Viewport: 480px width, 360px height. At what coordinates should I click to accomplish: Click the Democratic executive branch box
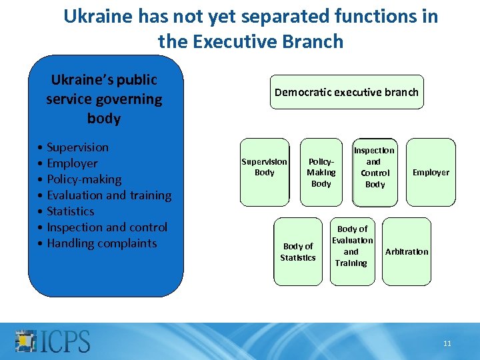347,92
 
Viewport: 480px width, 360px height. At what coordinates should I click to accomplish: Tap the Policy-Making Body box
321,173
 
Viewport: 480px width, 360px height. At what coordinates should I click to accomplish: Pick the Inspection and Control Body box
375,167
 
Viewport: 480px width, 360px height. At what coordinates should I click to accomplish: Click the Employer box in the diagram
431,172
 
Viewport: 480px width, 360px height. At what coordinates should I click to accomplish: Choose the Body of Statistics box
298,251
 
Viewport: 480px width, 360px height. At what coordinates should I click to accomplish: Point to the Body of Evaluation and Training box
352,246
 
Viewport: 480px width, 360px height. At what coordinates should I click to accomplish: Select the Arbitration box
407,251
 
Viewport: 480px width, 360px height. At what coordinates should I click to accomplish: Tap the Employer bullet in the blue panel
72,163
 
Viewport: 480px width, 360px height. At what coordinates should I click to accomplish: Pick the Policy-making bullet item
84,179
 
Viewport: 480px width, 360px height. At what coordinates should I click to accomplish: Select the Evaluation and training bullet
109,195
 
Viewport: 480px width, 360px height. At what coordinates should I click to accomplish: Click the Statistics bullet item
71,211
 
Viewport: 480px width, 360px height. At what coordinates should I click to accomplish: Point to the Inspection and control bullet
107,227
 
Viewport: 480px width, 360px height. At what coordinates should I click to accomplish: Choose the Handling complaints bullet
102,243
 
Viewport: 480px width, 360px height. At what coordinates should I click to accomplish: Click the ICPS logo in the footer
53,340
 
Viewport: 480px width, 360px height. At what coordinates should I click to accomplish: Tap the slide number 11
447,343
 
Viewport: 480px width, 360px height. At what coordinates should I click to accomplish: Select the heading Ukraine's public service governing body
104,99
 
